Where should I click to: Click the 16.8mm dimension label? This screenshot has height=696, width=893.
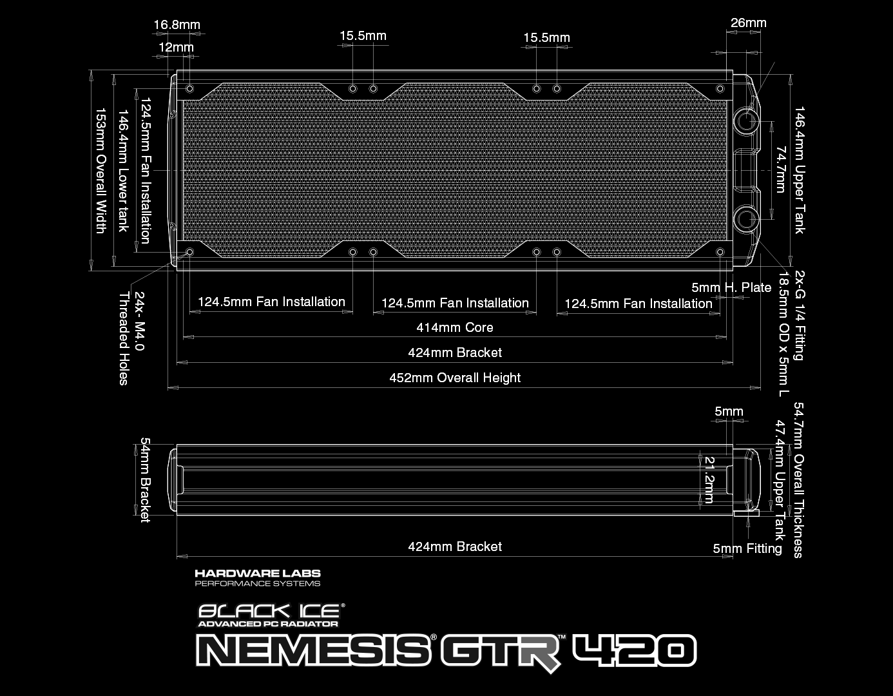tap(177, 25)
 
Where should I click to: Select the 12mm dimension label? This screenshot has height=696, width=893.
tap(175, 47)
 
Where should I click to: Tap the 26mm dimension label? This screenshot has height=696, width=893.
tap(748, 23)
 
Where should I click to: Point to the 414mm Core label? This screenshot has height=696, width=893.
tap(454, 327)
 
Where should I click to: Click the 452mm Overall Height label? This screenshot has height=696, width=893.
tap(454, 378)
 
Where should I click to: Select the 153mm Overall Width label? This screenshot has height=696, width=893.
tap(101, 171)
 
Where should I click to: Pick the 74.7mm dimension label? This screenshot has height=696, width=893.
tap(781, 169)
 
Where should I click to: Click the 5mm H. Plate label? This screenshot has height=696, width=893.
tap(731, 287)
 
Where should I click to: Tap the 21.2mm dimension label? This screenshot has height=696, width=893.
tap(709, 479)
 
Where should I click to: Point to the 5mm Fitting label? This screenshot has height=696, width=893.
tap(747, 548)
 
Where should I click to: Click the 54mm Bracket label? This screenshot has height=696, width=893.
tap(145, 480)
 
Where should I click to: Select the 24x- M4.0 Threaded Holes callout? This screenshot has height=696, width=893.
tap(131, 338)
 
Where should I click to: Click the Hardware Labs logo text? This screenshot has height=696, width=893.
tap(257, 573)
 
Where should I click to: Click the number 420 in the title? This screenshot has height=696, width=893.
tap(634, 652)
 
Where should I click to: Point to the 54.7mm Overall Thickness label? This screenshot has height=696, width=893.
tap(799, 480)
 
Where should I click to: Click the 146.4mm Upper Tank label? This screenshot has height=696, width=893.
tap(799, 170)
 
